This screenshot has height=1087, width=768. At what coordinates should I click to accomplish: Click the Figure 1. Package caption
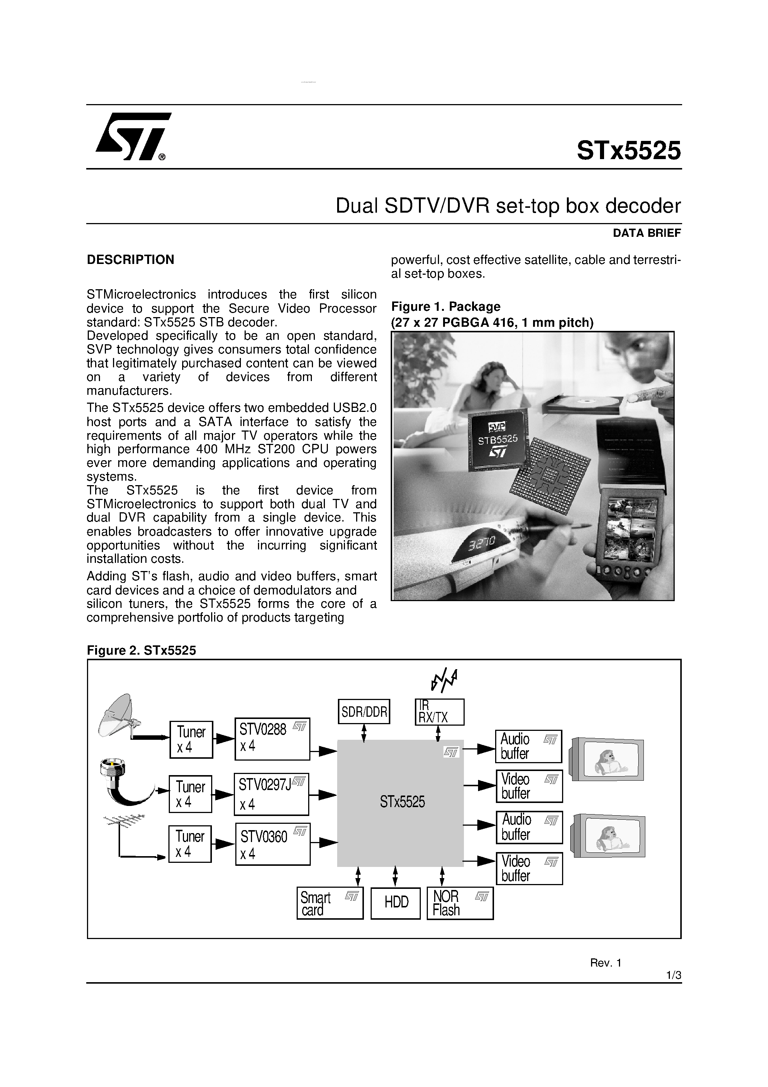[x=446, y=306]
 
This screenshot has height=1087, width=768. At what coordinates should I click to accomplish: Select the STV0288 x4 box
[x=272, y=739]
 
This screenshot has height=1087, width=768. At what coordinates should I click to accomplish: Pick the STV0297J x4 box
[x=271, y=794]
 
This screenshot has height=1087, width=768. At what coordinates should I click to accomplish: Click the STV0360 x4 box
[x=272, y=844]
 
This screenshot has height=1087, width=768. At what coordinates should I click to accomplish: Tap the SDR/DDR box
[x=364, y=712]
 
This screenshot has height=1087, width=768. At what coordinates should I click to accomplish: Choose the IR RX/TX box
[x=439, y=712]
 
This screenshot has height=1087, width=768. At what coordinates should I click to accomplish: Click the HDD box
[x=396, y=903]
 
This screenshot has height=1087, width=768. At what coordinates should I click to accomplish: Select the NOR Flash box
[x=459, y=903]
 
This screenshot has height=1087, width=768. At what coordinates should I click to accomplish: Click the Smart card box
[x=330, y=903]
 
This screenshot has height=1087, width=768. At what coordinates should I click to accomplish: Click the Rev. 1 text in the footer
[x=605, y=963]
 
